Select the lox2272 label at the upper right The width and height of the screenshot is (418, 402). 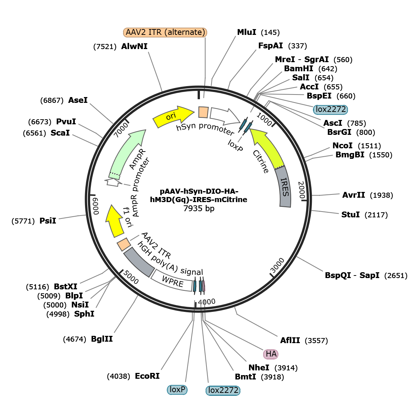pyautogui.click(x=330, y=109)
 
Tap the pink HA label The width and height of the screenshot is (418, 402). pyautogui.click(x=271, y=354)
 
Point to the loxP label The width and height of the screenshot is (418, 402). pyautogui.click(x=177, y=390)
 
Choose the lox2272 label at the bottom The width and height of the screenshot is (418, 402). pyautogui.click(x=223, y=390)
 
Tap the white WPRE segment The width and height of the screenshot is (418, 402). pyautogui.click(x=172, y=281)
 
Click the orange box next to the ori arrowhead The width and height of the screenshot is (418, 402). pyautogui.click(x=203, y=112)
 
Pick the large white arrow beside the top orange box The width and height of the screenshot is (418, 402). pyautogui.click(x=224, y=116)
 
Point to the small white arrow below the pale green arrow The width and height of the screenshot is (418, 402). pyautogui.click(x=113, y=182)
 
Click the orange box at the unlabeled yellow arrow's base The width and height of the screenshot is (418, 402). pyautogui.click(x=124, y=244)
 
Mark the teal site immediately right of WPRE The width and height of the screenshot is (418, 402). pyautogui.click(x=195, y=286)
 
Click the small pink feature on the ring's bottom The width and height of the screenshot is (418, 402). pyautogui.click(x=204, y=286)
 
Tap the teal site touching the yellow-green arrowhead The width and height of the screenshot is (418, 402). pyautogui.click(x=248, y=127)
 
